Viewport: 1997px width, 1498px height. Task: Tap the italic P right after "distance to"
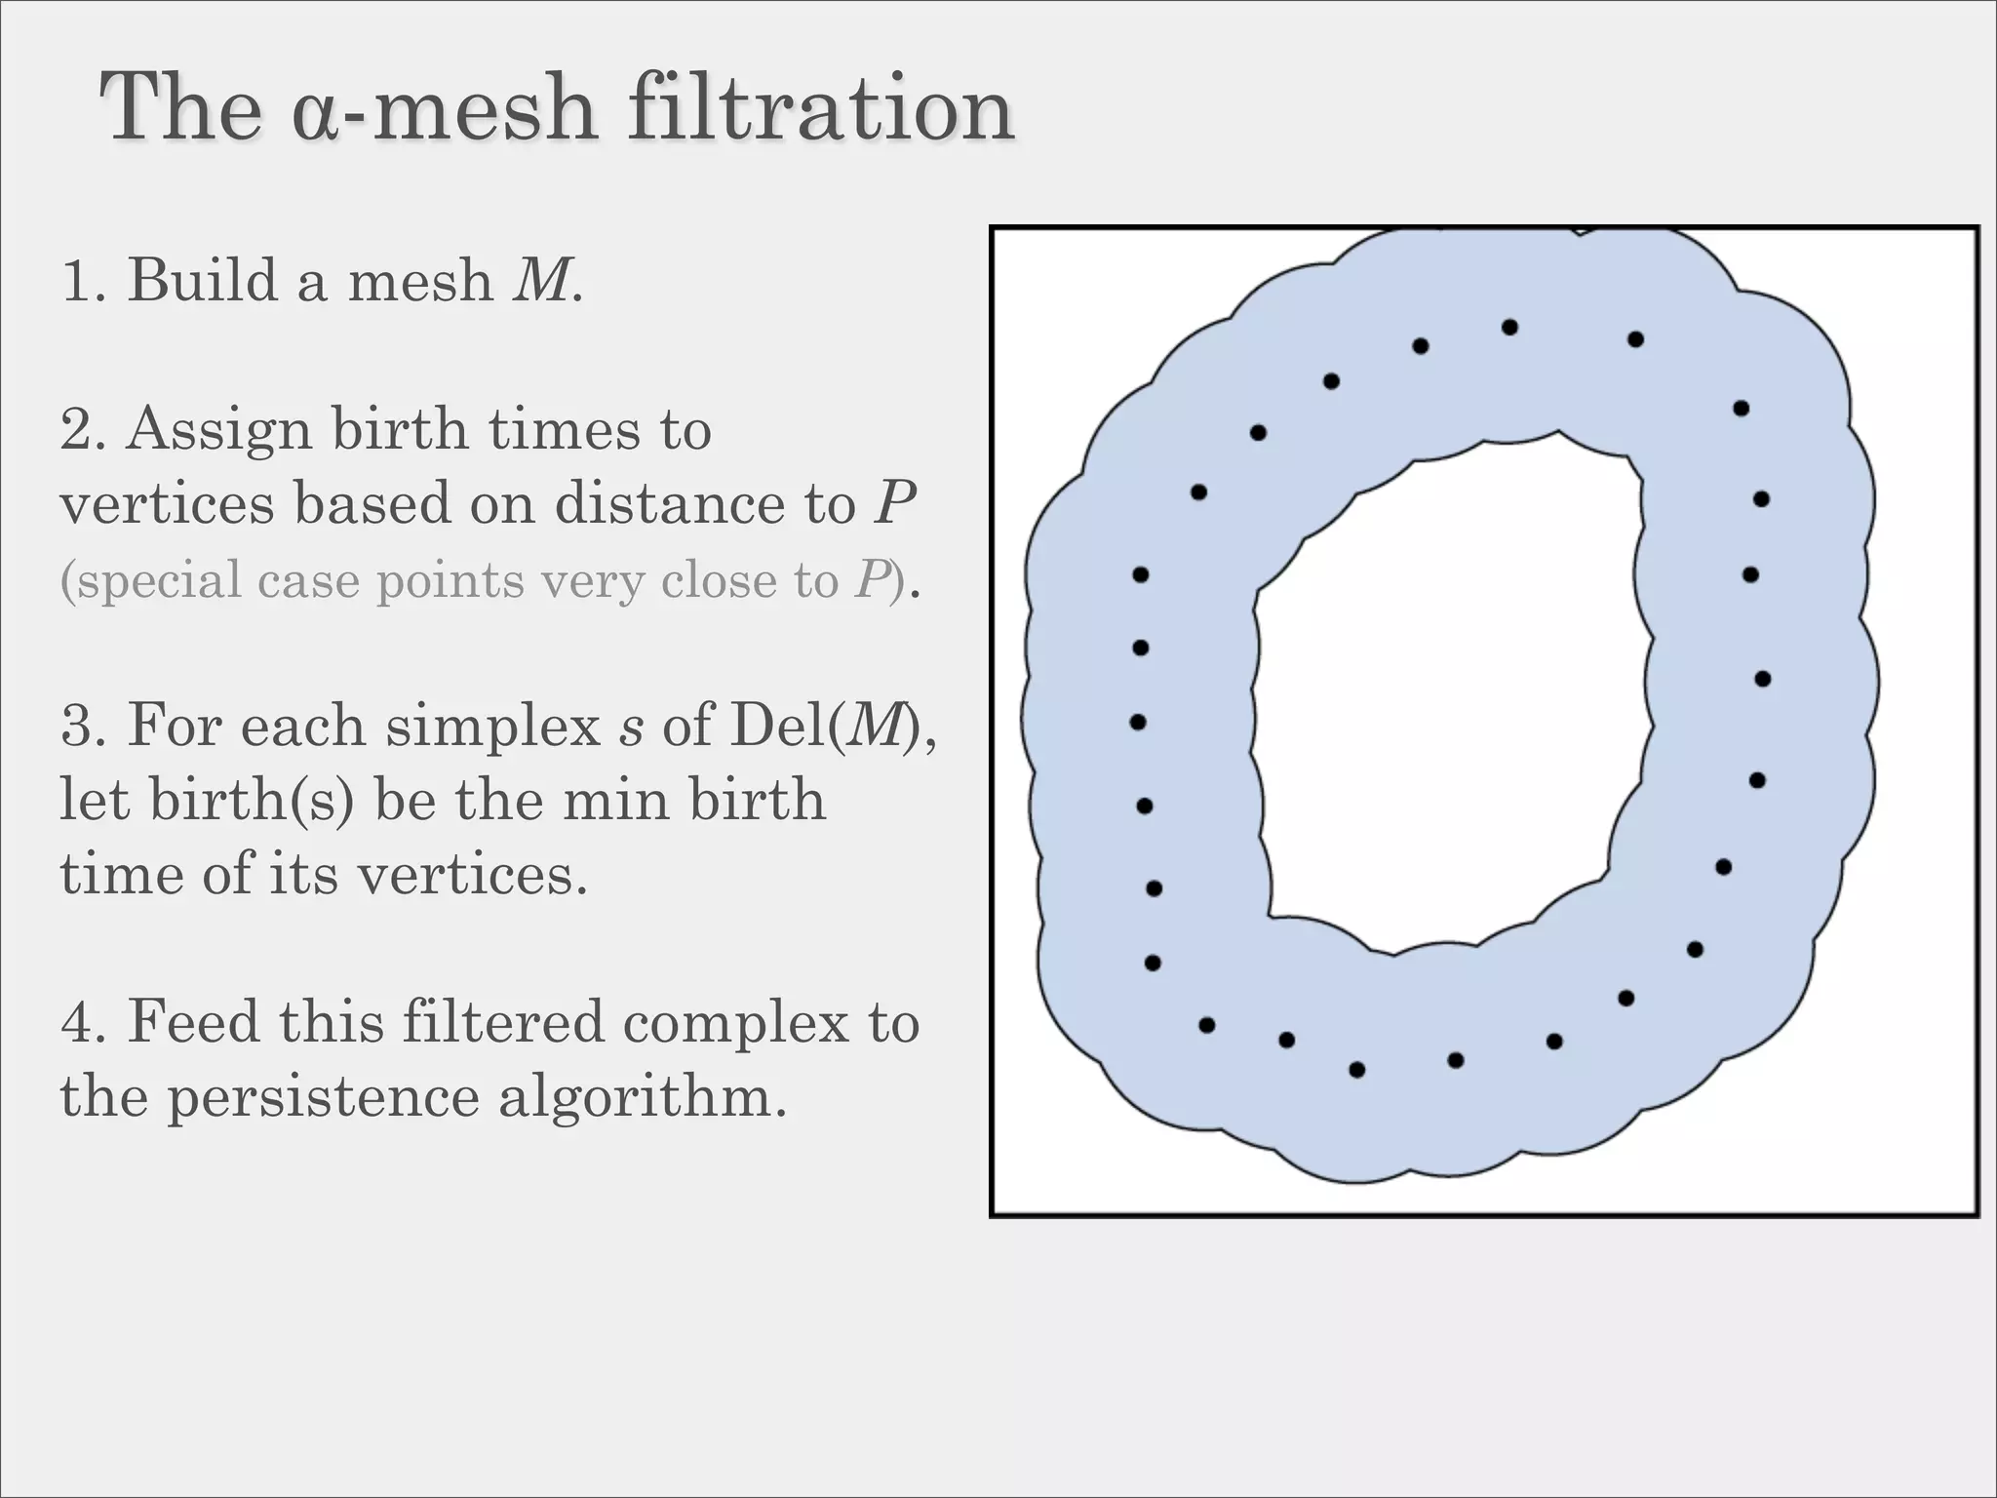pos(893,503)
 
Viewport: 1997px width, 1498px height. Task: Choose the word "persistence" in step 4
pos(323,1096)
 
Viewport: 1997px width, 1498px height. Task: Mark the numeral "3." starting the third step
pos(83,727)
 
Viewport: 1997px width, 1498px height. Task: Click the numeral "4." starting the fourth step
pos(83,1022)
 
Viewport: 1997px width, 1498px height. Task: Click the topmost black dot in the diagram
pos(1509,328)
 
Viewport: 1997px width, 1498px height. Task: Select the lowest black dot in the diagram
pos(1356,1070)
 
